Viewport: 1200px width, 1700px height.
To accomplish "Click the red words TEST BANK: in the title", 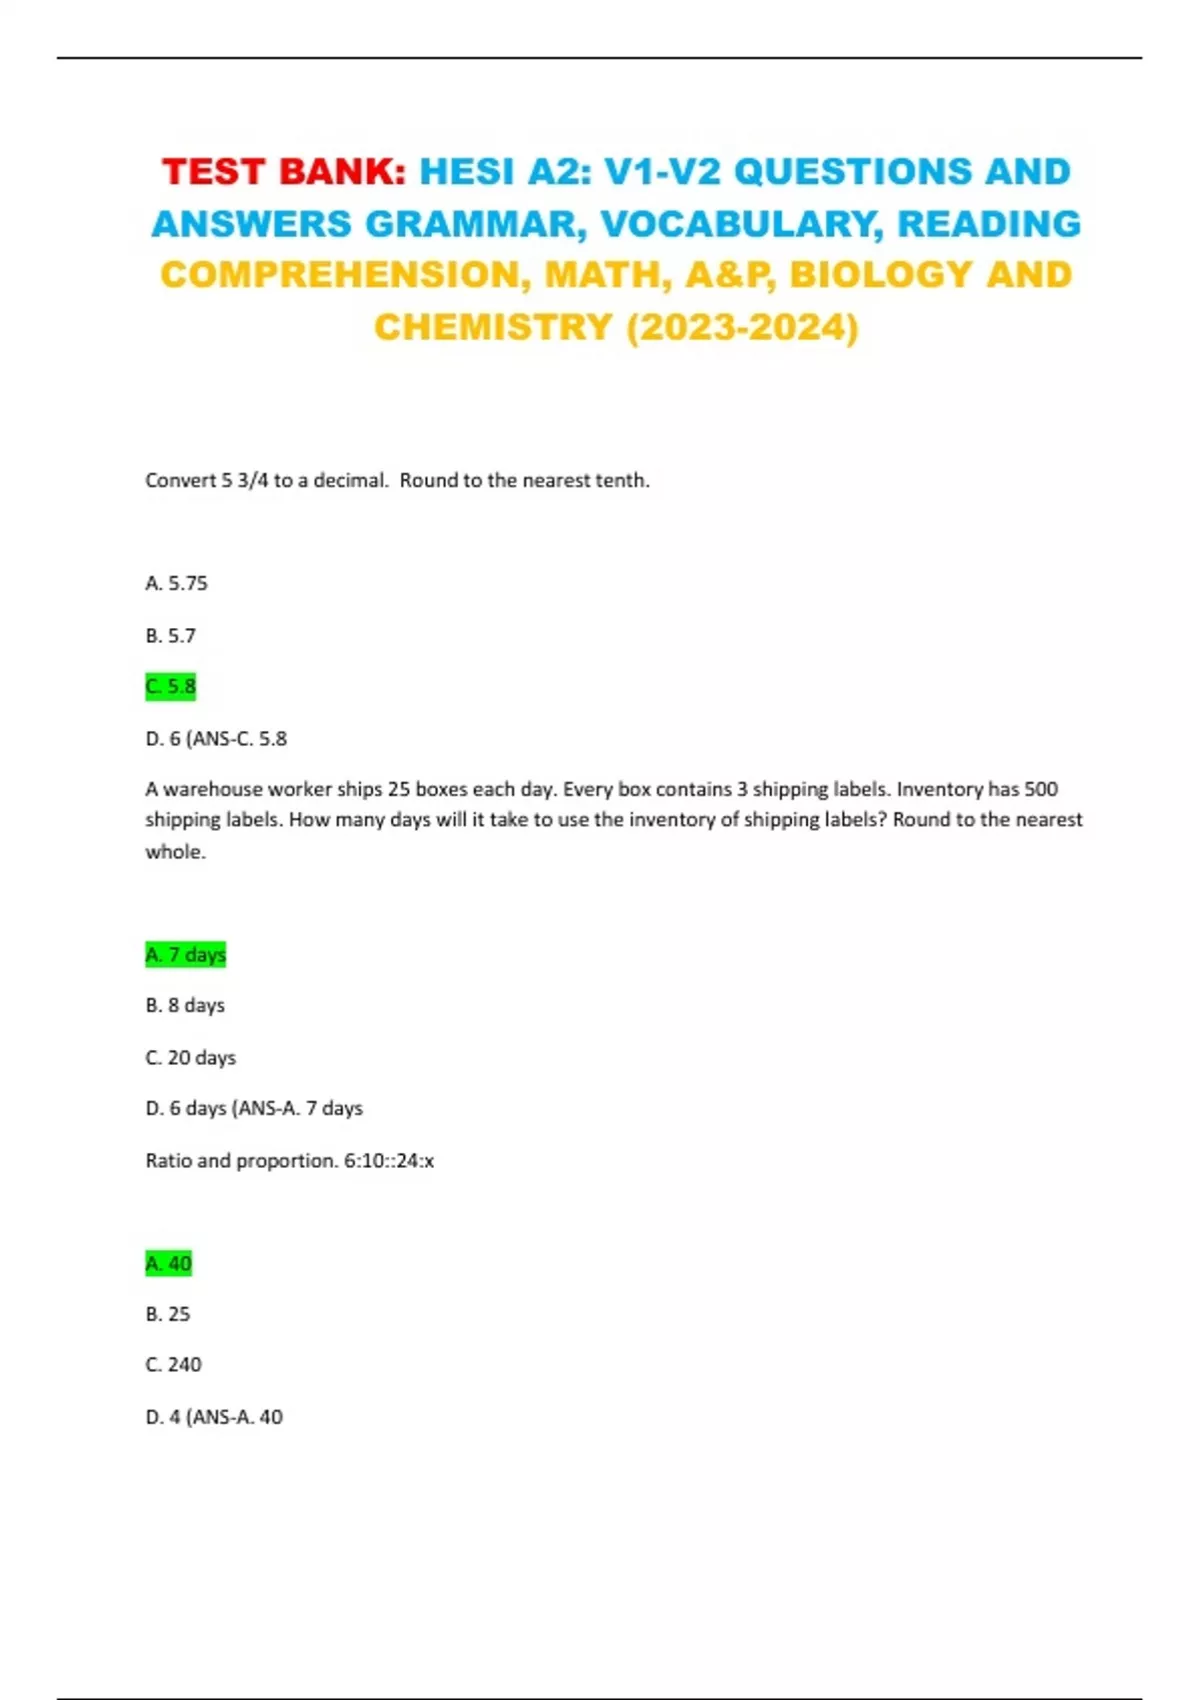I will (284, 172).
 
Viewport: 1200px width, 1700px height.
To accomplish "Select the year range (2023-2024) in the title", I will (742, 327).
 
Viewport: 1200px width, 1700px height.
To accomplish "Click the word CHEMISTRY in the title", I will (493, 327).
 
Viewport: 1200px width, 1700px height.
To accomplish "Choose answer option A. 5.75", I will (176, 583).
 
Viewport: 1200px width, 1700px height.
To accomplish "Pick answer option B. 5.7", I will (170, 635).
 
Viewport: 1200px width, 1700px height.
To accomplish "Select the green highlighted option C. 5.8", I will (170, 687).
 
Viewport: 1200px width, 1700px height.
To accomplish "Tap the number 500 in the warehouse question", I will (1041, 789).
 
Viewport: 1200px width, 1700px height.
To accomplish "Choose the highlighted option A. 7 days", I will (185, 954).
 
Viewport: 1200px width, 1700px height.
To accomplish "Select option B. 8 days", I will (185, 1005).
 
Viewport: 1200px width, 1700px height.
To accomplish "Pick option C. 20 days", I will (190, 1057).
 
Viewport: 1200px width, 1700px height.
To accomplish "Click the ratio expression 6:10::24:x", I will (389, 1160).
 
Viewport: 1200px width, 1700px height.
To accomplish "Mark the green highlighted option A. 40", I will (168, 1263).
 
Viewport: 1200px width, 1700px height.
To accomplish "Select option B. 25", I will (167, 1314).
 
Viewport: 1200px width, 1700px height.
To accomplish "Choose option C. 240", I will (173, 1365).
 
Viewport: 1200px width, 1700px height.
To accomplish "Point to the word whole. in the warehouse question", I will (175, 852).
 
